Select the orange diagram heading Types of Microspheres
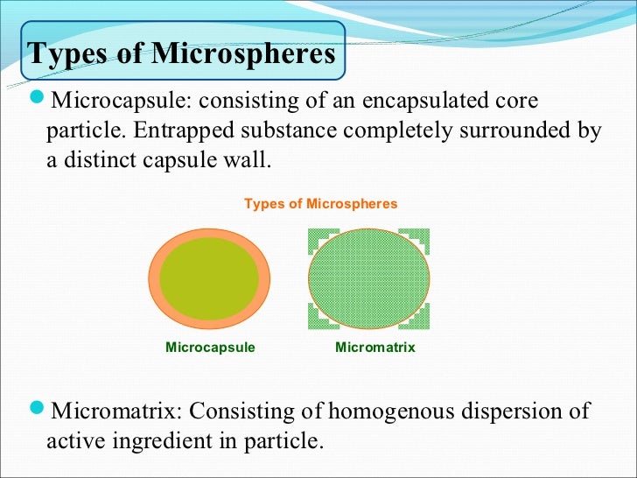[320, 204]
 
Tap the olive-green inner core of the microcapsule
[209, 278]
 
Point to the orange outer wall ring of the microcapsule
[156, 278]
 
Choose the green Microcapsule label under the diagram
[210, 348]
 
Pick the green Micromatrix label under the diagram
[374, 348]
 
